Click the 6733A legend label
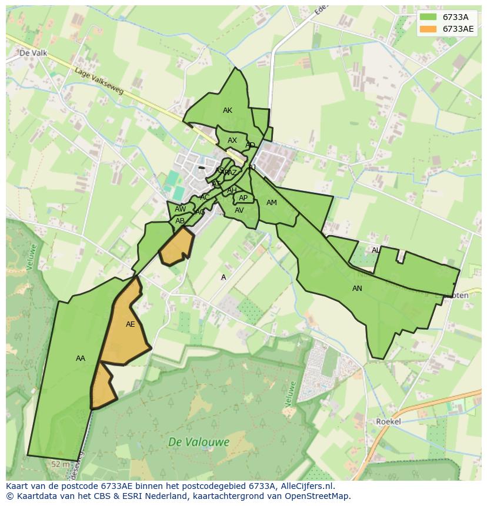(x=455, y=17)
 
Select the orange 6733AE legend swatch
(x=428, y=29)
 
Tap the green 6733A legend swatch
(x=428, y=17)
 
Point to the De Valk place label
(x=33, y=52)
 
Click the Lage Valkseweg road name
(x=99, y=81)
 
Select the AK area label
(x=228, y=110)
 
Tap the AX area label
(x=232, y=140)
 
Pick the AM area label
(x=271, y=203)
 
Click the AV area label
(x=239, y=210)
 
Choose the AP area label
(x=243, y=198)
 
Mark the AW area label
(x=180, y=209)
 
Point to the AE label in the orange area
(x=131, y=324)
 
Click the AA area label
(x=81, y=358)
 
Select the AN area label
(x=357, y=289)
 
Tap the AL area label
(x=375, y=250)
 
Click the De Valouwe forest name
(x=198, y=442)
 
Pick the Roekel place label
(x=388, y=421)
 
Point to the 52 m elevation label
(x=61, y=464)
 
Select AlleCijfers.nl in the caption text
(x=305, y=486)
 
